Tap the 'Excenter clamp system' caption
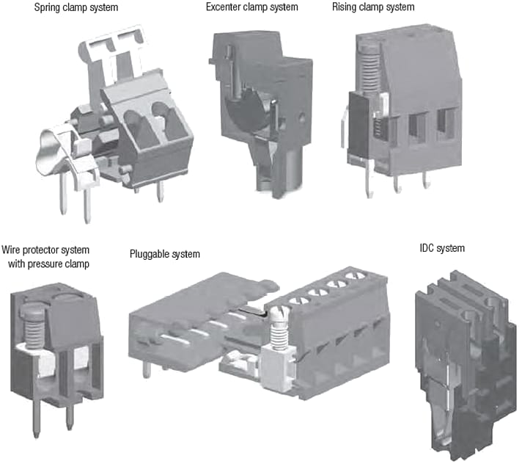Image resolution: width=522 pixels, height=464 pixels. [251, 7]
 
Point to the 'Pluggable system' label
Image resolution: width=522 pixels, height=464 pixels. [163, 254]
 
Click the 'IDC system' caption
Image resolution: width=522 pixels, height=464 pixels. [437, 248]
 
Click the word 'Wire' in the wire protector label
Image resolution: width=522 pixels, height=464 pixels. [13, 249]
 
